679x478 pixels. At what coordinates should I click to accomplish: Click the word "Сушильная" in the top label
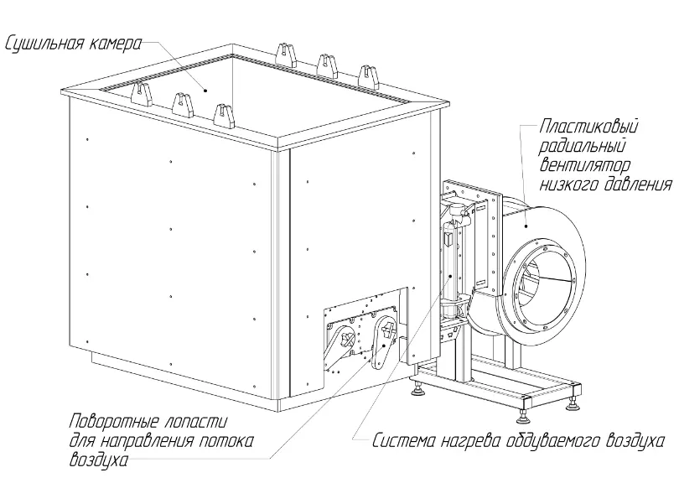point(42,42)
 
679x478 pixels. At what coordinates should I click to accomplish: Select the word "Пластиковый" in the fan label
point(590,127)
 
